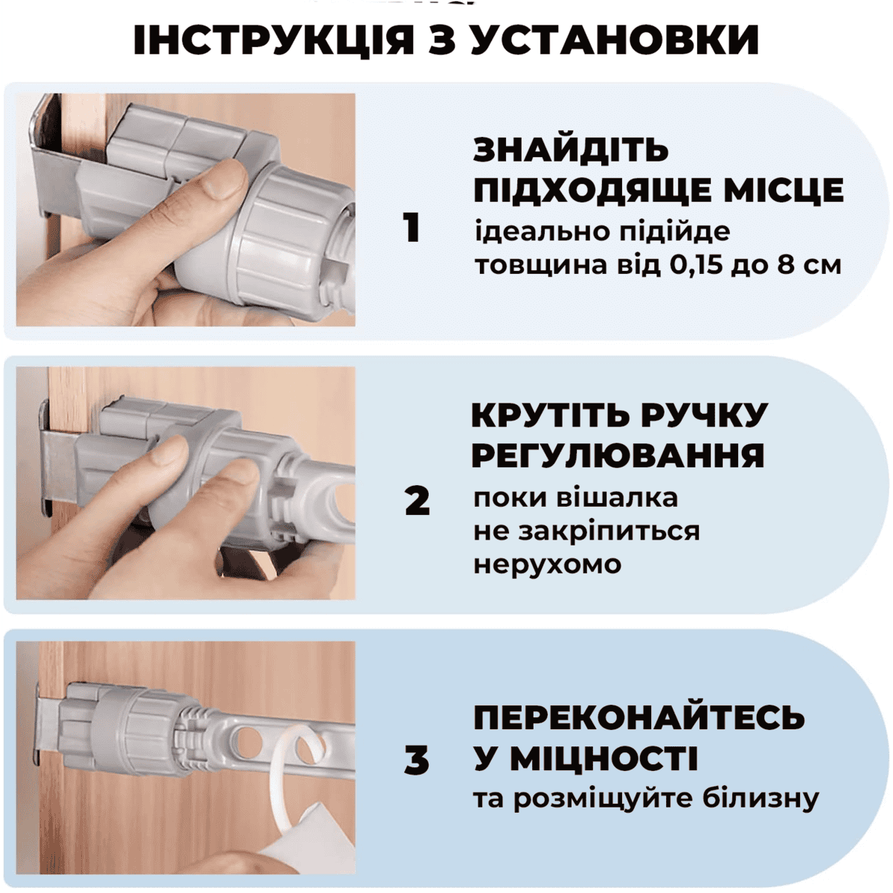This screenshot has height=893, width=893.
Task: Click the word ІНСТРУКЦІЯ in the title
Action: tap(273, 40)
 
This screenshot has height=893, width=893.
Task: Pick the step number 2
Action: tap(417, 502)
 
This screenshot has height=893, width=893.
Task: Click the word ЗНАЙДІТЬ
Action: tap(571, 150)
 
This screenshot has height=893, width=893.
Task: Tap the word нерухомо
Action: tap(547, 565)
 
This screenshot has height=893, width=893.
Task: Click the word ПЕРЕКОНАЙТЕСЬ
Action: tap(639, 718)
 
